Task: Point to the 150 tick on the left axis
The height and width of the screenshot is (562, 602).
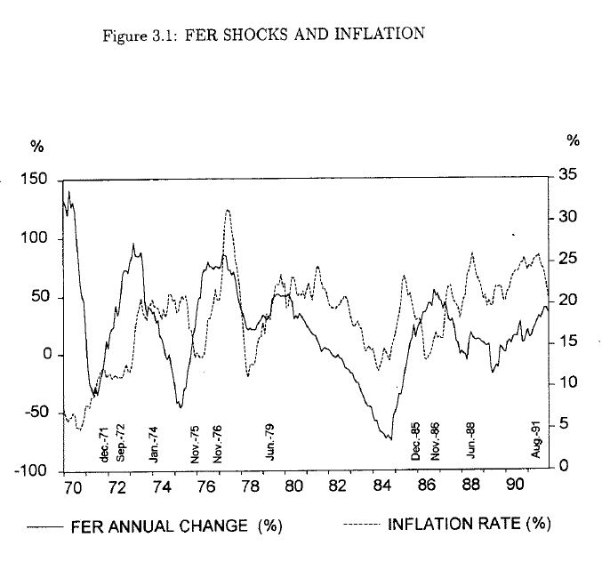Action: [41, 181]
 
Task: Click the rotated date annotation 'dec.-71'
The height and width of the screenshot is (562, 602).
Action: [104, 444]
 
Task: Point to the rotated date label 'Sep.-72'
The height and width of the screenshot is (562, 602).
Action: [121, 442]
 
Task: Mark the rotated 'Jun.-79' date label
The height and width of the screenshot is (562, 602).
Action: [270, 442]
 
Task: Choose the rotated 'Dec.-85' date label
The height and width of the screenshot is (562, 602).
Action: [415, 442]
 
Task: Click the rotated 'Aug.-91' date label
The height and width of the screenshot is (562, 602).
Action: [536, 442]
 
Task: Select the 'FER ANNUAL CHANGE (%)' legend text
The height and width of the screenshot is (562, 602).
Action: [176, 526]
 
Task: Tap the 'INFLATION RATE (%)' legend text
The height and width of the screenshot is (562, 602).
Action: [469, 524]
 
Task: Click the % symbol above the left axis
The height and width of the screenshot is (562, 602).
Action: [37, 146]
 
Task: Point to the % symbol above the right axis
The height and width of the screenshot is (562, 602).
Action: [574, 140]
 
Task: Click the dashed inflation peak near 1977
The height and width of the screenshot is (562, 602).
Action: [229, 211]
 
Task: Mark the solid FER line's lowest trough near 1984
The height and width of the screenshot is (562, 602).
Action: [389, 438]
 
